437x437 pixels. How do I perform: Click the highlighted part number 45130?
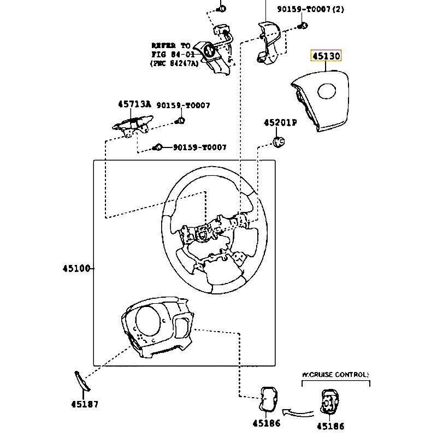coord(326,56)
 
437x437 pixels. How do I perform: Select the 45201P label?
coord(280,123)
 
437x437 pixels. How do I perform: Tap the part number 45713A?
coord(134,104)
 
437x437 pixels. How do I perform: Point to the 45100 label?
coord(76,268)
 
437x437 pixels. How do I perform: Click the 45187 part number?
coord(84,404)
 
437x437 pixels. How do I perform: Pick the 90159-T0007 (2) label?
coord(310,9)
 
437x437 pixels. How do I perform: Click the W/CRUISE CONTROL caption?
coord(335,375)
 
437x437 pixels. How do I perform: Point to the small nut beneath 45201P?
coord(279,142)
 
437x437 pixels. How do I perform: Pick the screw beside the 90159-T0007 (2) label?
coord(303,25)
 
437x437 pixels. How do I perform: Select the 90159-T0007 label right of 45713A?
coord(183,105)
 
